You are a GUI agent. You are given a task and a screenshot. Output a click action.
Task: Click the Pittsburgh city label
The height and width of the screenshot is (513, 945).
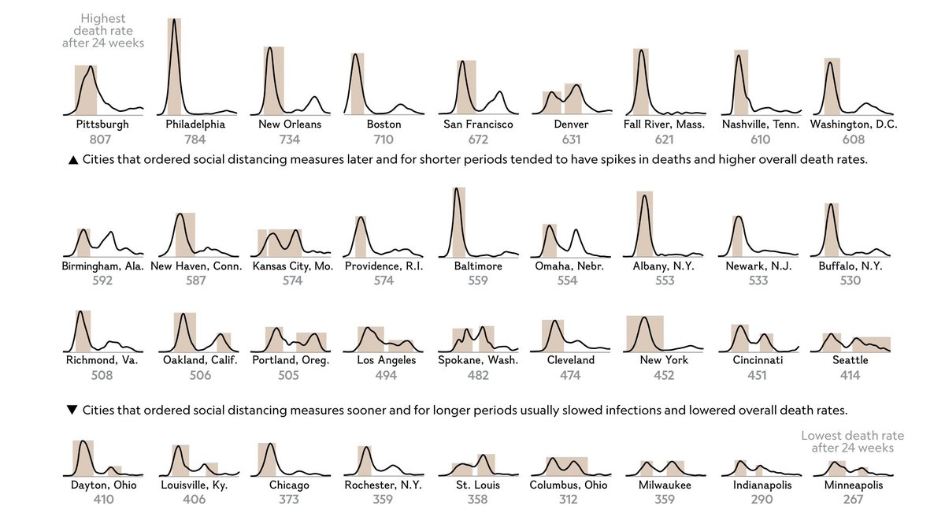tap(102, 125)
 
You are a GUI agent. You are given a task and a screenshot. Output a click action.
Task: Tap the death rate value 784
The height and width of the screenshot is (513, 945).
tap(195, 139)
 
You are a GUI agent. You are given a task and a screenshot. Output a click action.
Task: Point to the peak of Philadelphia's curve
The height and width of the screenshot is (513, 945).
tap(172, 19)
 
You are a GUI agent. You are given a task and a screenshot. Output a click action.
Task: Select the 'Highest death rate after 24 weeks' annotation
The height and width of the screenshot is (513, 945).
tap(103, 31)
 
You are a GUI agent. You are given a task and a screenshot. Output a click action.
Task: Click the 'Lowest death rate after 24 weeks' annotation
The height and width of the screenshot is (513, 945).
tap(852, 441)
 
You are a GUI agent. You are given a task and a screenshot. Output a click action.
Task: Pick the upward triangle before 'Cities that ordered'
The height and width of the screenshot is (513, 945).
tap(73, 160)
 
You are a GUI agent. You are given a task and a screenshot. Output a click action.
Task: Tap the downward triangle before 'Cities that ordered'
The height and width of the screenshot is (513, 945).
tap(73, 411)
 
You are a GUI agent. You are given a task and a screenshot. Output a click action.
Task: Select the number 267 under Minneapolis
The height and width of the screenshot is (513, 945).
tap(853, 500)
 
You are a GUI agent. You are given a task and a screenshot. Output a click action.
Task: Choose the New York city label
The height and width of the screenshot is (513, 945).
tap(664, 360)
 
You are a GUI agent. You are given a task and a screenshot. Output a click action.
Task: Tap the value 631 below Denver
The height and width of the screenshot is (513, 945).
tap(571, 139)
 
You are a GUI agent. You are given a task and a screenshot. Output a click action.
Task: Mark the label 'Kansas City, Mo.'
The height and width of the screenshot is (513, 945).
tap(293, 266)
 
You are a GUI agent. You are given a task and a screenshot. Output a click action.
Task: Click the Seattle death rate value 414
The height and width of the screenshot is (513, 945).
tap(850, 375)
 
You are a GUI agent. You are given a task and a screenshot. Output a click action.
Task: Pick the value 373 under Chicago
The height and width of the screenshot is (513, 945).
tap(288, 500)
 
